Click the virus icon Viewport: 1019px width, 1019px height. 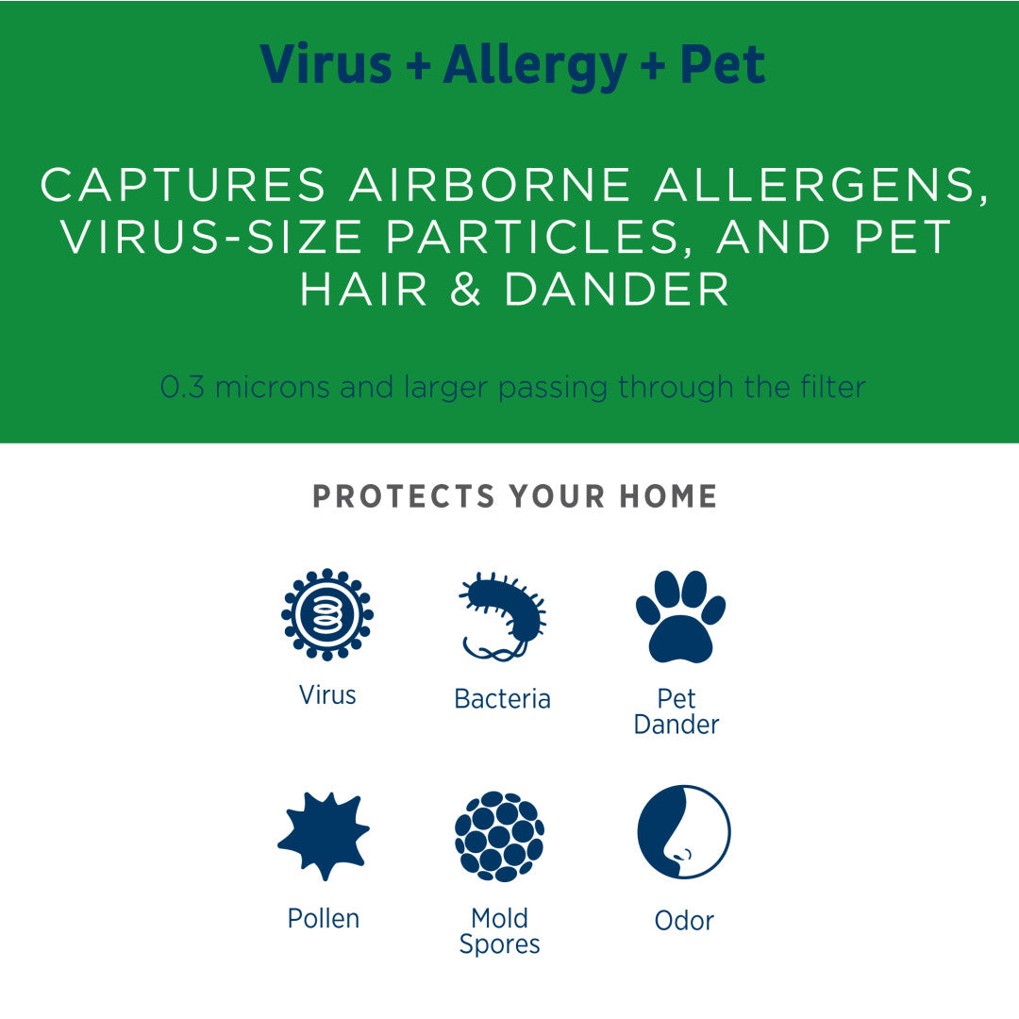click(327, 614)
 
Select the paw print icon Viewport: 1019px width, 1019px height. click(680, 616)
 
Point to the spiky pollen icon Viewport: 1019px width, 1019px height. click(324, 835)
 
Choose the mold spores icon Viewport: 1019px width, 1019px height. click(499, 836)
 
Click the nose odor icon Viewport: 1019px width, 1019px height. click(683, 832)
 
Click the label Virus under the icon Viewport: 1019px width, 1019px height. click(327, 695)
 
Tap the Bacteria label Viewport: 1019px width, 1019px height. click(502, 699)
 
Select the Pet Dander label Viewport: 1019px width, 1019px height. click(677, 711)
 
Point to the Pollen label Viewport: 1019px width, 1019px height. click(324, 918)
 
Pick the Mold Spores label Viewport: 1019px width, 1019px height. click(499, 931)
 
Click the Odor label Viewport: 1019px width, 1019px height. click(684, 921)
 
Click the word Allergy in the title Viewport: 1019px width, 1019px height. click(535, 66)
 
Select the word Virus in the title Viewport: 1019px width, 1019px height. click(326, 64)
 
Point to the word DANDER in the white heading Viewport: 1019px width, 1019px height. click(617, 290)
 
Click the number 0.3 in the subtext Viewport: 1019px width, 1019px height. click(182, 387)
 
